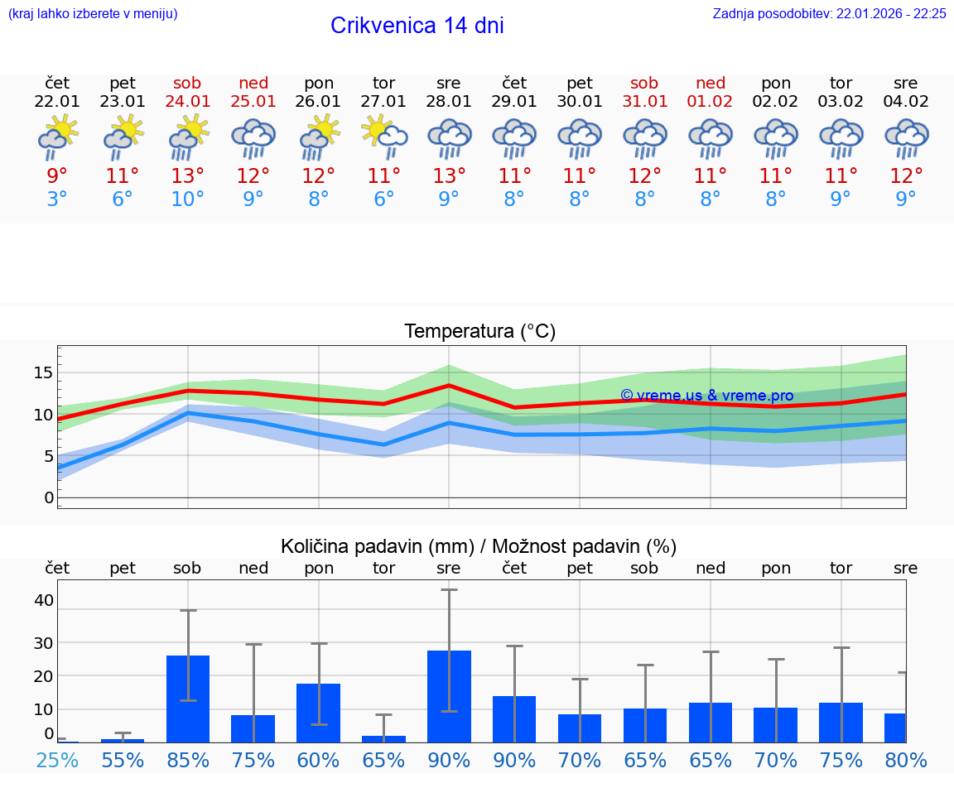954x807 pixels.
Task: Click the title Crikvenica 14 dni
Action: (417, 26)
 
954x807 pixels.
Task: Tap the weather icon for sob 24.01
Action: (188, 137)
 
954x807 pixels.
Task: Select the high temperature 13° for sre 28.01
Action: (449, 176)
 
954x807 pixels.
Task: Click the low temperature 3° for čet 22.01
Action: (57, 199)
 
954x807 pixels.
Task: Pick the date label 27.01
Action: (383, 102)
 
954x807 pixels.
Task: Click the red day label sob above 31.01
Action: (644, 84)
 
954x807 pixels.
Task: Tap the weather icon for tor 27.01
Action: (383, 137)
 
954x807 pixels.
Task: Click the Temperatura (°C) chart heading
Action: (479, 332)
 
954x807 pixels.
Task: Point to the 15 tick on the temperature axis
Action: (43, 372)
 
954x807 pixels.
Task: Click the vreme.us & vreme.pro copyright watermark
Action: (706, 396)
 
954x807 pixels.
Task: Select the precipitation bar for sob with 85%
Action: (188, 699)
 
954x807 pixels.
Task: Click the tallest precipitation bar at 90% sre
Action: (449, 697)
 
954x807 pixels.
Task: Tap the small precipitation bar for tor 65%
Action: (383, 738)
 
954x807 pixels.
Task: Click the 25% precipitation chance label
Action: (57, 760)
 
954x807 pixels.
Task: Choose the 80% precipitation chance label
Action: (906, 760)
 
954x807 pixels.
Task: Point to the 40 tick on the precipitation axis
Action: (43, 600)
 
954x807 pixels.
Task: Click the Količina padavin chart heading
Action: (479, 546)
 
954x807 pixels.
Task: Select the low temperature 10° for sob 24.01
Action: (188, 199)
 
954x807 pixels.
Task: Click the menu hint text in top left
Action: (92, 13)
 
